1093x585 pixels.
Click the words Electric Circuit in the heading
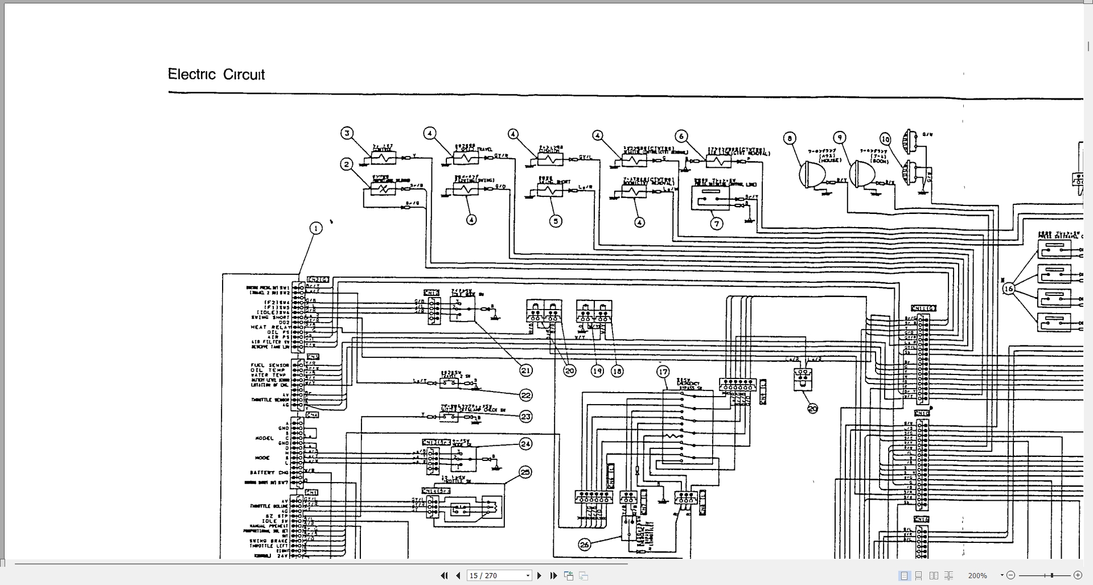tap(216, 75)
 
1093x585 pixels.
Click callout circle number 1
tap(316, 228)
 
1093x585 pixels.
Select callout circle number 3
tap(347, 133)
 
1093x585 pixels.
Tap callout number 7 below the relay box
tap(717, 224)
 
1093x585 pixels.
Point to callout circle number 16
tap(1008, 289)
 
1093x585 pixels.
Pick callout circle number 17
tap(663, 372)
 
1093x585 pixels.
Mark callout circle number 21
tap(525, 370)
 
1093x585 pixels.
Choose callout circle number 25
tap(525, 472)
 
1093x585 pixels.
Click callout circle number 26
tap(585, 545)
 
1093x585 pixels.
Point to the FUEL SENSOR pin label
tap(270, 365)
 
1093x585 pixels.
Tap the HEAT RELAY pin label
tap(270, 327)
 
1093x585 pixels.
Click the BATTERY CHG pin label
tap(269, 472)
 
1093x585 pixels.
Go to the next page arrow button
tap(540, 575)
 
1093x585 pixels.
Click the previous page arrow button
tap(458, 575)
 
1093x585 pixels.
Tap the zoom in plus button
tap(1077, 575)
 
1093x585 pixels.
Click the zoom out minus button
tap(1011, 575)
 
